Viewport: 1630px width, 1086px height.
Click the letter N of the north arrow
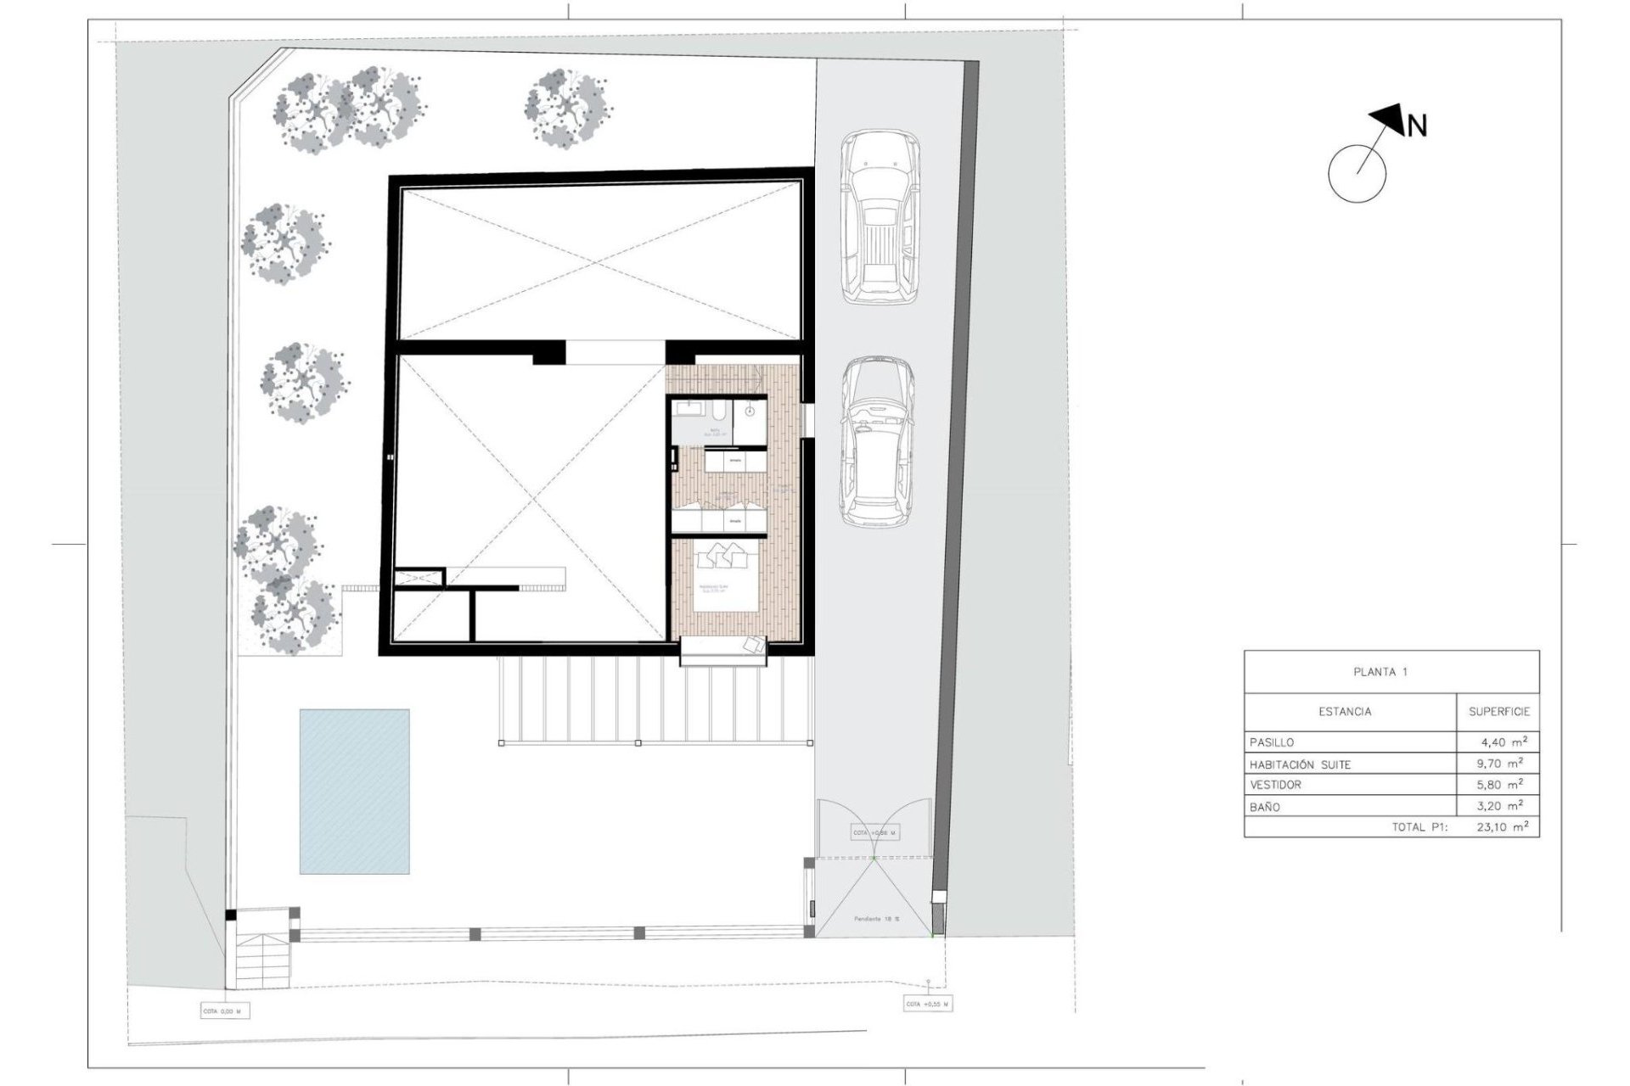1417,126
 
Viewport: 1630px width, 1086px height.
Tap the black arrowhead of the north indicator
1389,120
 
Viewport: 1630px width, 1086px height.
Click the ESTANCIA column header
1345,712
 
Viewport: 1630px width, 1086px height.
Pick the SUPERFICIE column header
1499,712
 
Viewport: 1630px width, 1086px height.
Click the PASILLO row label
1272,742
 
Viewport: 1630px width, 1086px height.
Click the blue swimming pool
354,792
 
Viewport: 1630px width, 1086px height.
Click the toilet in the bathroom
718,416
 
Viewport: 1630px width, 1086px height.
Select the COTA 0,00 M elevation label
222,1012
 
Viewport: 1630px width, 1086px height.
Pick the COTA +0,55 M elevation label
927,1005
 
